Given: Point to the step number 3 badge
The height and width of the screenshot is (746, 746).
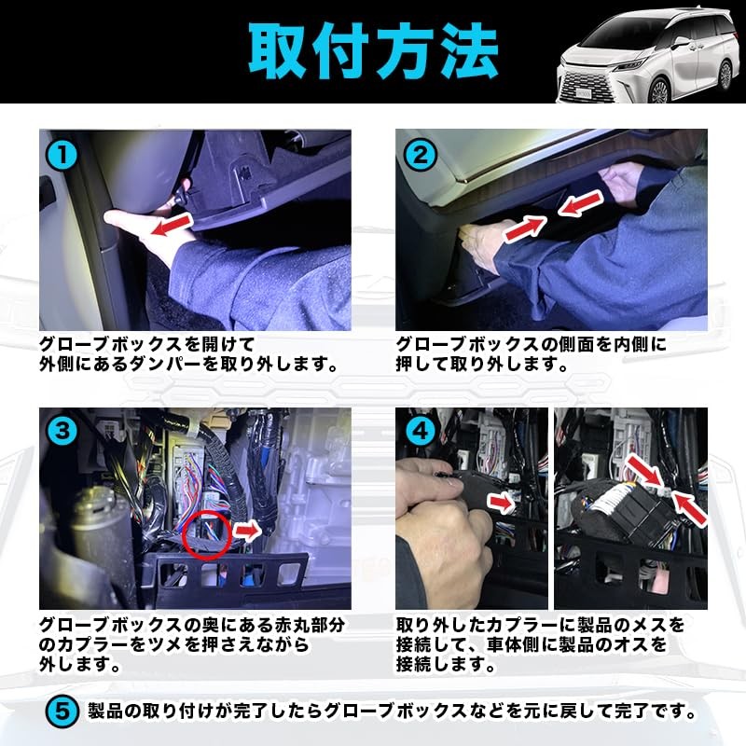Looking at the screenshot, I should (62, 431).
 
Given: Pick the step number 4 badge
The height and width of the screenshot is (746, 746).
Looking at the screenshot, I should (420, 431).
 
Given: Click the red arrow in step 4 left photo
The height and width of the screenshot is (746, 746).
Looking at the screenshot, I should (501, 504).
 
